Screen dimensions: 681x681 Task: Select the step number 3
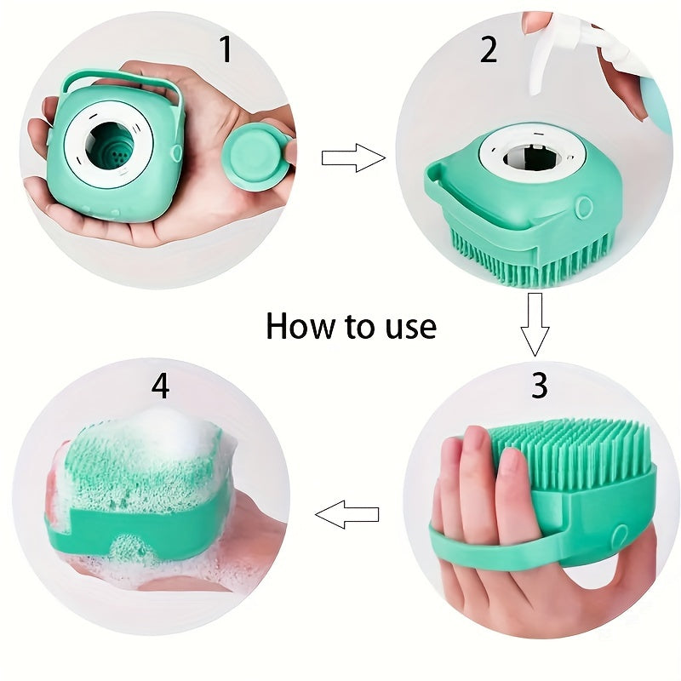539,385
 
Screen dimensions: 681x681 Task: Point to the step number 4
160,385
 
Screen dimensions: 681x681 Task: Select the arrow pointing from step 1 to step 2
352,157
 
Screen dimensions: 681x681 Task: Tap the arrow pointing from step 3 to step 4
347,514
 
